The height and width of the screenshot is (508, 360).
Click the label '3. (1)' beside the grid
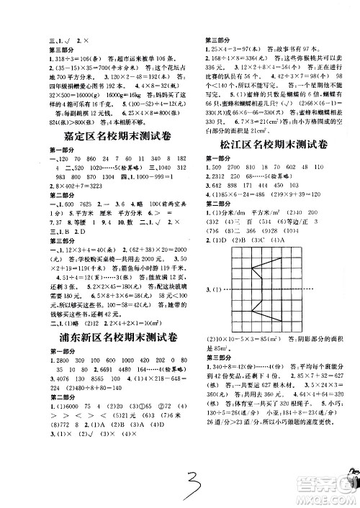213,289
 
